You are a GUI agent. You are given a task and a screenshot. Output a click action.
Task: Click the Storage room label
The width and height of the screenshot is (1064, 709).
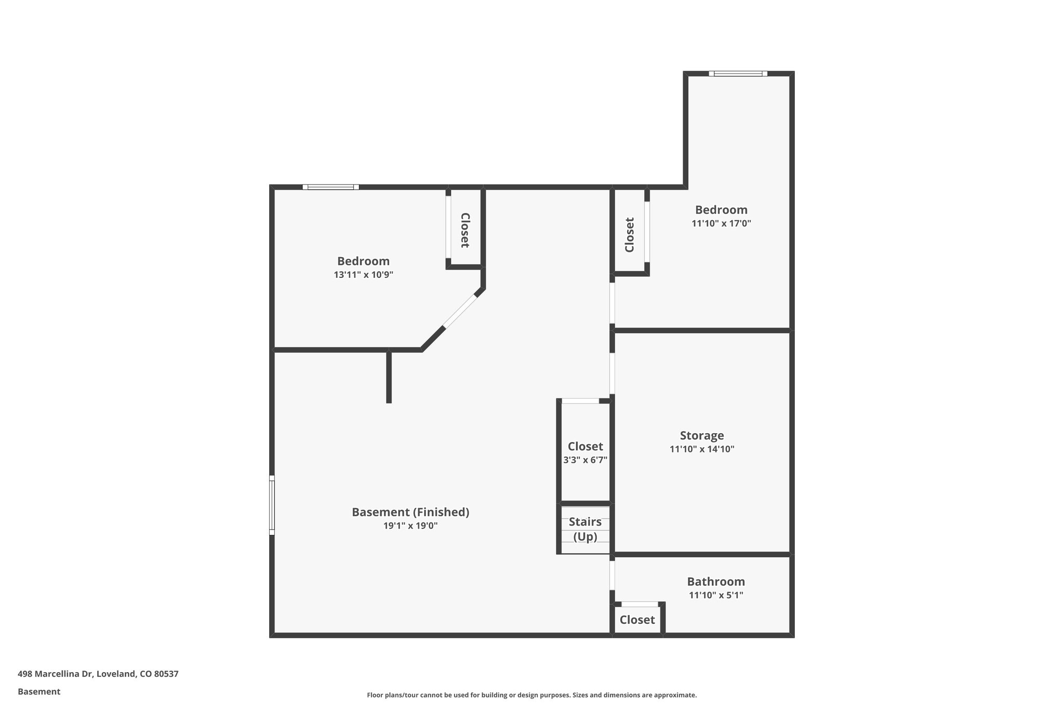(x=701, y=435)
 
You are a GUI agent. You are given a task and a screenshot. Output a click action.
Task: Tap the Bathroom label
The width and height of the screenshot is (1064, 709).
(x=715, y=581)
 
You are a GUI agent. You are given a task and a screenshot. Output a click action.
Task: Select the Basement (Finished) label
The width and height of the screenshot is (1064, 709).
(x=410, y=512)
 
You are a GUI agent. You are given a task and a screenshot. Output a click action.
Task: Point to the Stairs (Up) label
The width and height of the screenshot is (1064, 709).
(x=585, y=529)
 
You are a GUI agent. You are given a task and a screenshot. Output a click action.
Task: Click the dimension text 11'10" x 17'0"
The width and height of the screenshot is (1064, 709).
(x=721, y=223)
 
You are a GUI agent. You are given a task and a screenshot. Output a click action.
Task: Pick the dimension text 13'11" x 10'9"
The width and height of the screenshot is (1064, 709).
(x=363, y=274)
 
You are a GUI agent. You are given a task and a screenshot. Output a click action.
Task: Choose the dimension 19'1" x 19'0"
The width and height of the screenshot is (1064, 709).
(x=410, y=526)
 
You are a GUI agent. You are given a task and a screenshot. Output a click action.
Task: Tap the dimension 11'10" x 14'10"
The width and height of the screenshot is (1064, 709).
(x=701, y=449)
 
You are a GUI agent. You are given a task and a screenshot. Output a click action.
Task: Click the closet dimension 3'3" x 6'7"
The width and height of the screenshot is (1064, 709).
(x=585, y=460)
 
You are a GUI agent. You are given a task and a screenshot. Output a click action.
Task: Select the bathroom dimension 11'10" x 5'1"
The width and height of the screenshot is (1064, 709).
(x=716, y=595)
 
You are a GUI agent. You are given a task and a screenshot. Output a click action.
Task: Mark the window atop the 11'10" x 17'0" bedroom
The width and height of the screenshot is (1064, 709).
(x=738, y=74)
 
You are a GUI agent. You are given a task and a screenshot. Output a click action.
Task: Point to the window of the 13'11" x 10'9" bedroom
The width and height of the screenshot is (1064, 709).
(x=330, y=187)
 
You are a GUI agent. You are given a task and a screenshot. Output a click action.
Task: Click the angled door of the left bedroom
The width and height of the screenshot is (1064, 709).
(x=460, y=311)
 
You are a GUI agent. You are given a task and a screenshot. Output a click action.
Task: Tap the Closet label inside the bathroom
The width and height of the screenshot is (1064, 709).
(x=637, y=620)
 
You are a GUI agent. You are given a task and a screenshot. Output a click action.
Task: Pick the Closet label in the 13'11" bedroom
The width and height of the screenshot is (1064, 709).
(x=464, y=230)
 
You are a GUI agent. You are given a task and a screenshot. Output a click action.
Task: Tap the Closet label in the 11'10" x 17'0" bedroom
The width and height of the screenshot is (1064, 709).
(x=630, y=235)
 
